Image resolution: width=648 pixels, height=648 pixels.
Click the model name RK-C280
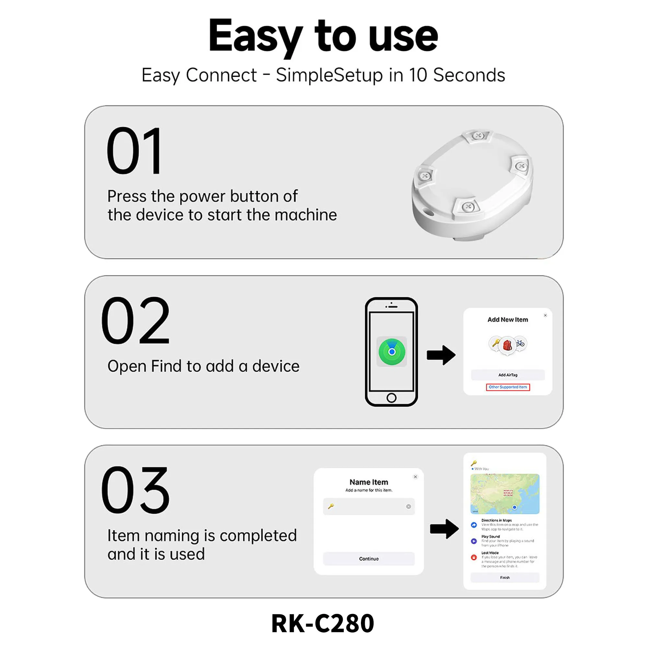pos(322,623)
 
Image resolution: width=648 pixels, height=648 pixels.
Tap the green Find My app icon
pos(391,352)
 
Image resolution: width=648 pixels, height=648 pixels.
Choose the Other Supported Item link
pos(507,387)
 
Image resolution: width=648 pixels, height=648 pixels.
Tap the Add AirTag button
pos(507,375)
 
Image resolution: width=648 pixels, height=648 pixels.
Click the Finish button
pos(504,578)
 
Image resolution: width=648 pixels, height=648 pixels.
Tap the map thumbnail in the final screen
pos(504,494)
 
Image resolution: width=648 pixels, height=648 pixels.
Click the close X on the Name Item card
pos(415,477)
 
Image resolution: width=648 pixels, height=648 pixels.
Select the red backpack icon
pos(507,345)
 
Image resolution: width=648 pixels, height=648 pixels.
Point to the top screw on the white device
pos(478,136)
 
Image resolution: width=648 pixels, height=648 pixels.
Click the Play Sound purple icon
pos(474,541)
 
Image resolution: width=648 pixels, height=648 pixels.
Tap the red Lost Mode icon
pos(474,557)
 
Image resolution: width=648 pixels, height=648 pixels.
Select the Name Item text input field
pos(369,506)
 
